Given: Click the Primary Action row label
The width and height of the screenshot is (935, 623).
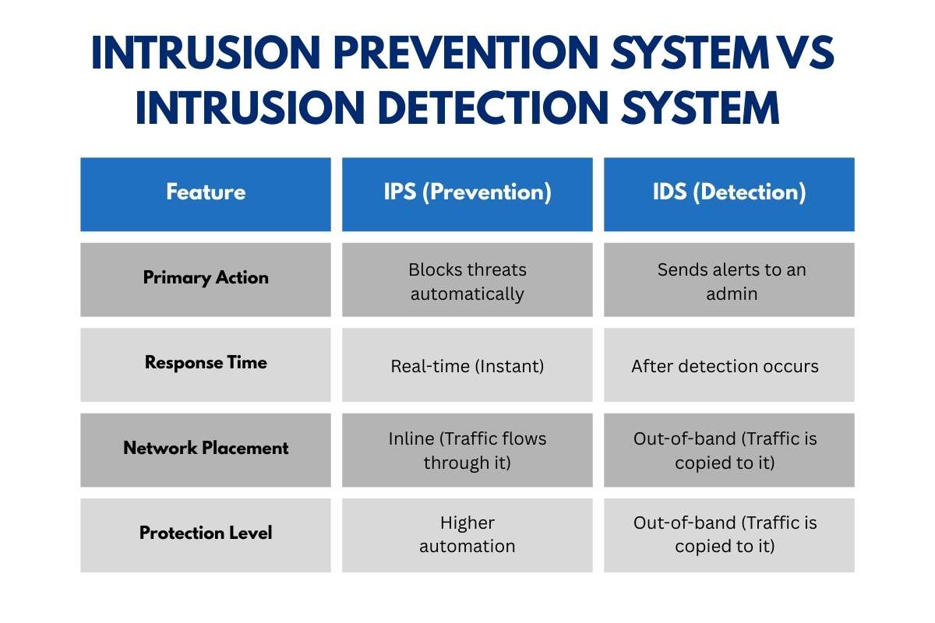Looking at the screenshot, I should pyautogui.click(x=206, y=279).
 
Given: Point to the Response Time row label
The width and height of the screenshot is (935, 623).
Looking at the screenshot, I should pyautogui.click(x=206, y=364).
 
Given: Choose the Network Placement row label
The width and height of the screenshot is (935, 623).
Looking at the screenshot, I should pyautogui.click(x=206, y=449).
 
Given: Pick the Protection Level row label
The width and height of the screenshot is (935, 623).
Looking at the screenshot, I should pyautogui.click(x=206, y=534).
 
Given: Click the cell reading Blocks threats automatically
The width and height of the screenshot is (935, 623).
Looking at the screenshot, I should pyautogui.click(x=467, y=281).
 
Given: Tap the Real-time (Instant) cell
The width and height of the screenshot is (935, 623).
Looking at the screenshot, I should pyautogui.click(x=467, y=366).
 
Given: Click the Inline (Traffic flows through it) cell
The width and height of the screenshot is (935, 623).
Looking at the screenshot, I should pyautogui.click(x=467, y=450).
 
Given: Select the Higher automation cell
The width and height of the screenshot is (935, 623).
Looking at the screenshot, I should pyautogui.click(x=467, y=534).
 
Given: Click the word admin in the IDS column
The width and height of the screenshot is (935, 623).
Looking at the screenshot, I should pyautogui.click(x=732, y=294).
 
